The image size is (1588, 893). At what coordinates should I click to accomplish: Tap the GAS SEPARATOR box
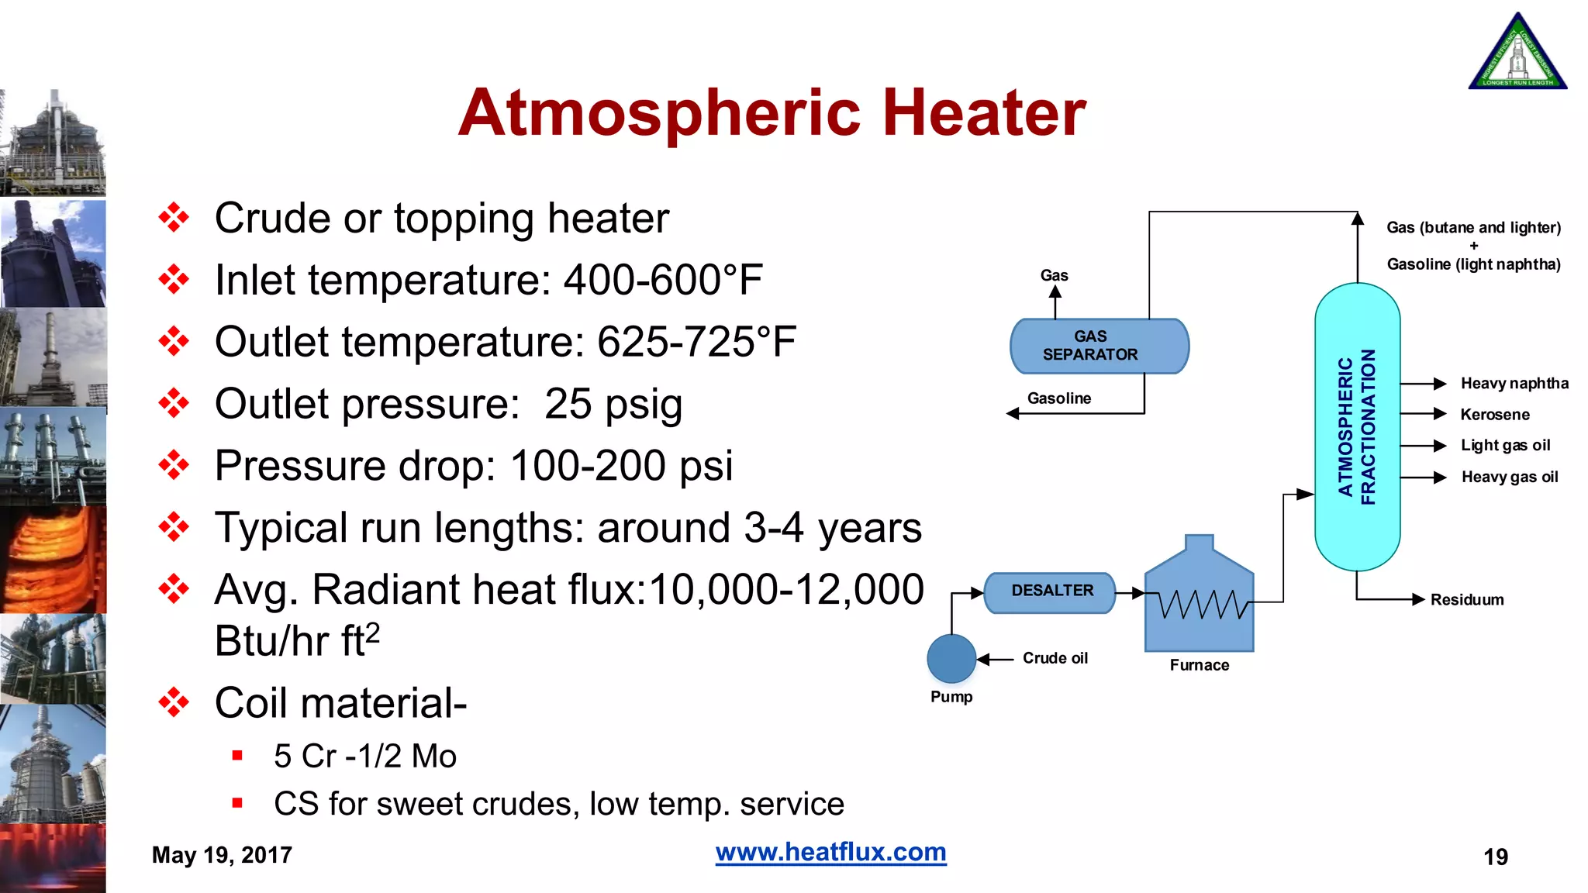(1098, 346)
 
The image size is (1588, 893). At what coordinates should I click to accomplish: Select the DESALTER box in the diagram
(1051, 591)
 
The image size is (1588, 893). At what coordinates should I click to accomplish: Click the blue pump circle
(951, 659)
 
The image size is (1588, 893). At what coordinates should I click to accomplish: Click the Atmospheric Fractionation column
(1357, 426)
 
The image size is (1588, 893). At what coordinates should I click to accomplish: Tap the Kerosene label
(1494, 415)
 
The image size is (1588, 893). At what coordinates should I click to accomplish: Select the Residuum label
(1466, 600)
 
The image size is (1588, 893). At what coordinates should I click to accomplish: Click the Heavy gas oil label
(1509, 478)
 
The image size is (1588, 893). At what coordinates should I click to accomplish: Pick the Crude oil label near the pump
(1055, 658)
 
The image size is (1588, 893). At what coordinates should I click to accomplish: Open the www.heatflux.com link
(830, 852)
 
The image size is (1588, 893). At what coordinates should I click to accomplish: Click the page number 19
(1495, 857)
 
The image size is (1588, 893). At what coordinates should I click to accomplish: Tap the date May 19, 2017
(222, 855)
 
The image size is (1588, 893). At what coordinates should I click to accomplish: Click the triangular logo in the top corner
(1517, 54)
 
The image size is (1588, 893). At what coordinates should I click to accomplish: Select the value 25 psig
(613, 404)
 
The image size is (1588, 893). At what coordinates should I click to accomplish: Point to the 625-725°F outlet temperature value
(696, 342)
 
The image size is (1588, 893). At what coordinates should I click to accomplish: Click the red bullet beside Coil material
(174, 702)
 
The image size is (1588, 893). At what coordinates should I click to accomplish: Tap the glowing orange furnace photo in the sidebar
(53, 560)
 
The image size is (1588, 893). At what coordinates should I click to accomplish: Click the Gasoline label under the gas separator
(1058, 398)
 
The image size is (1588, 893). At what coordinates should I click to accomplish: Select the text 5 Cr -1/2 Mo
(364, 757)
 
